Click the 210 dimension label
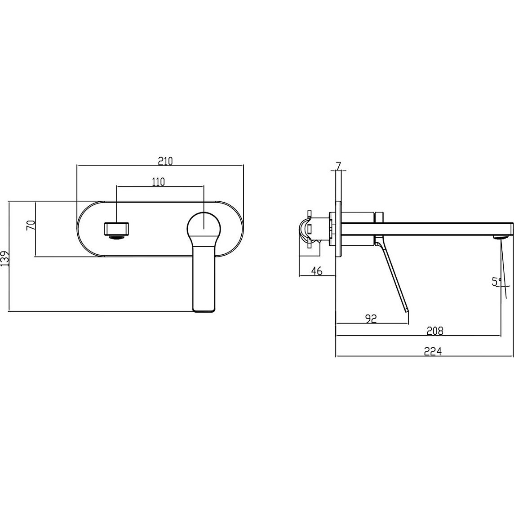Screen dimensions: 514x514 pyautogui.click(x=165, y=161)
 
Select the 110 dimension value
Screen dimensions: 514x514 pyautogui.click(x=158, y=182)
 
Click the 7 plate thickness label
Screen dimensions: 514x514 pyautogui.click(x=339, y=166)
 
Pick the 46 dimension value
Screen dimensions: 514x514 pyautogui.click(x=317, y=271)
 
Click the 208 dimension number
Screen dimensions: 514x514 pyautogui.click(x=434, y=331)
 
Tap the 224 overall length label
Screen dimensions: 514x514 pyautogui.click(x=433, y=351)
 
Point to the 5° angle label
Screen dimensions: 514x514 pyautogui.click(x=496, y=281)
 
